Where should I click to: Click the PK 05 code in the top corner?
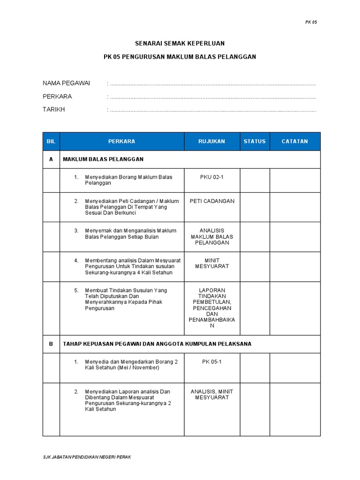tap(311, 22)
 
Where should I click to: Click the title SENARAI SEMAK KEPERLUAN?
tap(180, 43)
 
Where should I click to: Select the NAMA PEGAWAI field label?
tap(66, 83)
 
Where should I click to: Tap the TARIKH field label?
tap(54, 110)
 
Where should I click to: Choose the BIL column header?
tap(51, 141)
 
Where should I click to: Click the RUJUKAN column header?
tap(211, 141)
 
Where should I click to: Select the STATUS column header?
tap(255, 141)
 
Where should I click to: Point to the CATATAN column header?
tap(295, 141)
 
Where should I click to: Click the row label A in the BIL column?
tap(51, 159)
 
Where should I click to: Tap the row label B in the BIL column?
tap(51, 344)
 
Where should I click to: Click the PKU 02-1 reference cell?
tap(211, 177)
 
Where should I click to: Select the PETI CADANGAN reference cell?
tap(211, 201)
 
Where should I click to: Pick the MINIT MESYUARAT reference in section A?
tap(211, 263)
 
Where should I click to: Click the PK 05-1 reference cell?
tap(211, 361)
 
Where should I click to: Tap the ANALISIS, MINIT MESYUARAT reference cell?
tap(211, 394)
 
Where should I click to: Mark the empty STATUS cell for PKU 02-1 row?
tap(255, 180)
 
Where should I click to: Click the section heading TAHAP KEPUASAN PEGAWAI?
tap(157, 344)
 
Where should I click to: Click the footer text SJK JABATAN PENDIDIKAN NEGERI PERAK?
tap(87, 457)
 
